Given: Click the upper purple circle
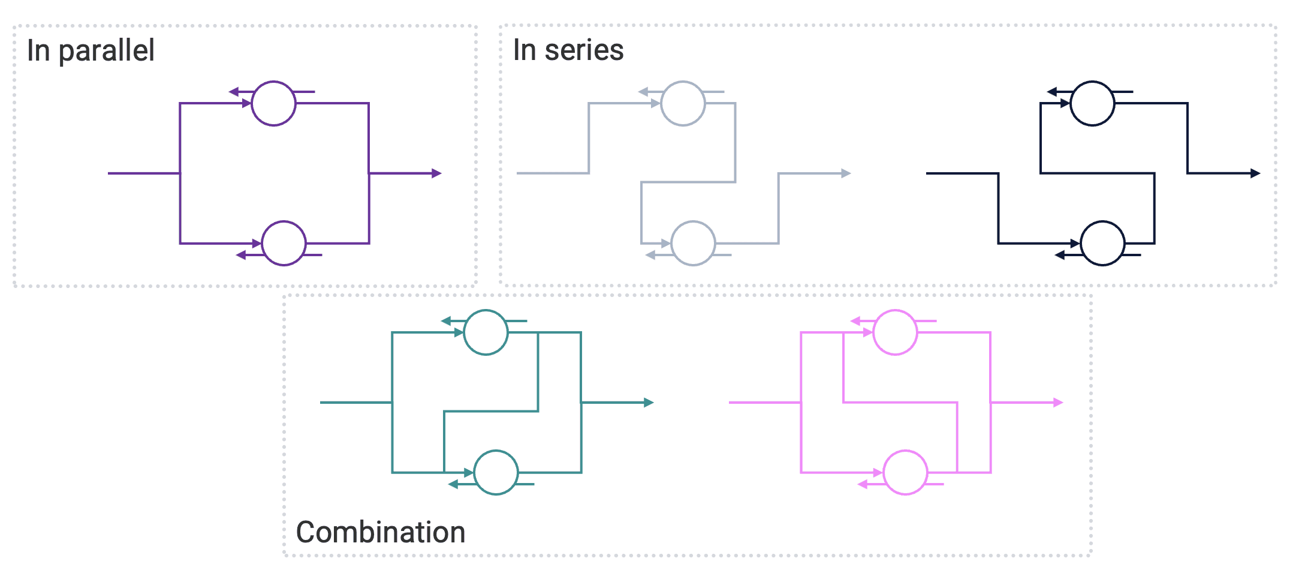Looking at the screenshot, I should coord(273,103).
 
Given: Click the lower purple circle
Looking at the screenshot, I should coord(284,243).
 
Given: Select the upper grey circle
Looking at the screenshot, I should coord(683,103).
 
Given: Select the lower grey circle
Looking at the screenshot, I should coord(693,243).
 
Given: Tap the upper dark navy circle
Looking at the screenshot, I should coord(1092,103).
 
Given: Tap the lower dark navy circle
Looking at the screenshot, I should coord(1102,243).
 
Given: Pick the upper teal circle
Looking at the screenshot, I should coord(486,332).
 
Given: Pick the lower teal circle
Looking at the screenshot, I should coord(496,472).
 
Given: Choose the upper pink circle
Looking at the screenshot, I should coord(895,332).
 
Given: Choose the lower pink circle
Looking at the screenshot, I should coord(905,472).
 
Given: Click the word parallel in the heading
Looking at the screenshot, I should coord(106,50).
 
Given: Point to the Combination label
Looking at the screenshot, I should coord(381,532).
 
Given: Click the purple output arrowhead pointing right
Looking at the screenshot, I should coord(437,173).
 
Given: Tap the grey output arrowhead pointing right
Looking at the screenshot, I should coord(846,173).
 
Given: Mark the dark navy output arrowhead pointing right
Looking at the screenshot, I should coord(1255,173).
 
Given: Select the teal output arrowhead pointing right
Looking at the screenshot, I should coord(649,403).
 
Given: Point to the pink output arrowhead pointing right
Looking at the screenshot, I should coord(1058,403).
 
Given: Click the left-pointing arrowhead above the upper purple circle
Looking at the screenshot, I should coord(234,92).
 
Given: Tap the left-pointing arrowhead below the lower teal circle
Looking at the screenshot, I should coord(453,484).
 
